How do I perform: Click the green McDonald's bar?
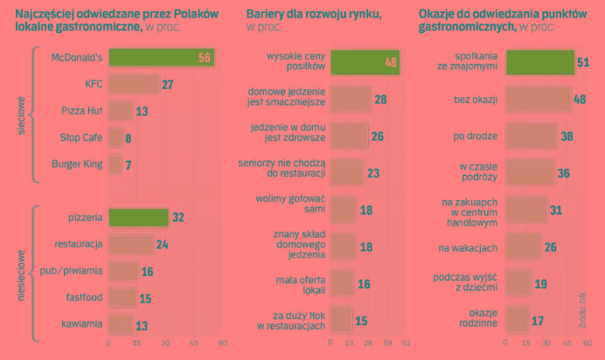(161, 59)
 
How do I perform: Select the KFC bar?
(133, 85)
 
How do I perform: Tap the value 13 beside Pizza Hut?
(142, 111)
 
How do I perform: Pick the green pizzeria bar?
(137, 218)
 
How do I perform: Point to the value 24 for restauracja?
(162, 245)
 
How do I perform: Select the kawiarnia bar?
(120, 324)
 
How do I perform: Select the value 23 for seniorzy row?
(373, 173)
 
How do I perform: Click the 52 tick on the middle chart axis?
(406, 343)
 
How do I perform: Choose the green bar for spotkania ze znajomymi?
(540, 62)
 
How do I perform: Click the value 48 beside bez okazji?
(579, 100)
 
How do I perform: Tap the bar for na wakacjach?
(524, 247)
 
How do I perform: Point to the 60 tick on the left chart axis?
(222, 343)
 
